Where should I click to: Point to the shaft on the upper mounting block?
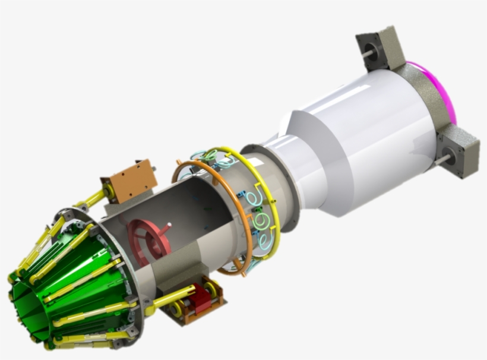(x=368, y=53)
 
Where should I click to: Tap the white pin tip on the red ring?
(x=169, y=225)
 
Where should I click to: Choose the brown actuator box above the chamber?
(x=129, y=179)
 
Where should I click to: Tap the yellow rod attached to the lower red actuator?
(x=172, y=297)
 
